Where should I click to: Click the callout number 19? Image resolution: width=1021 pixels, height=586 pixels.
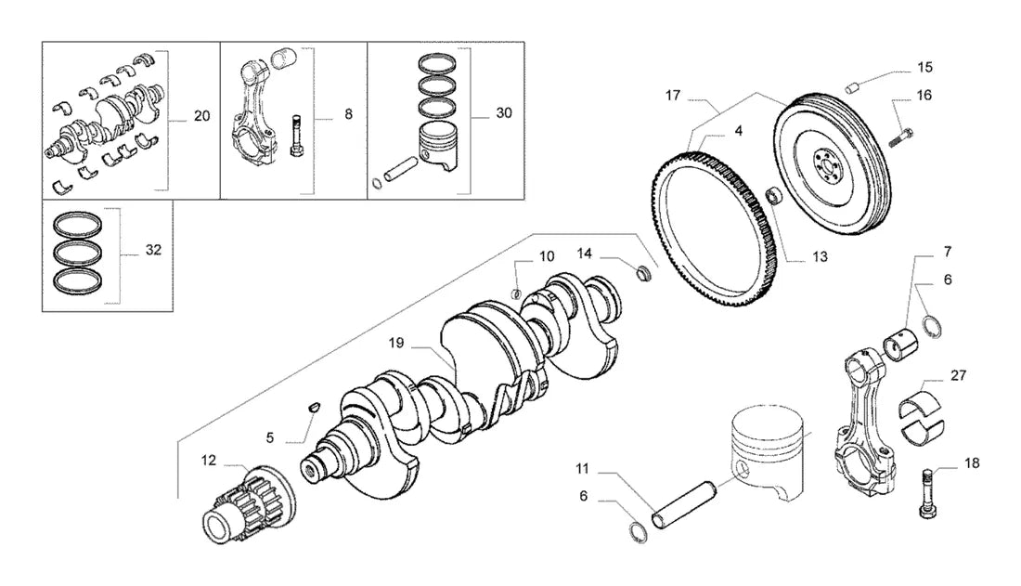(x=396, y=343)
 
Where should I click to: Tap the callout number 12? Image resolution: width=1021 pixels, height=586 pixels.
(x=208, y=461)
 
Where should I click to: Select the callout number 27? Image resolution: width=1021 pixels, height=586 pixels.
(x=958, y=375)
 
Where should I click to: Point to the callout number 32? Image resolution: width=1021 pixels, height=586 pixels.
(x=153, y=250)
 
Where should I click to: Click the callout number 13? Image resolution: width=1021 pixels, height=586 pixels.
(x=820, y=257)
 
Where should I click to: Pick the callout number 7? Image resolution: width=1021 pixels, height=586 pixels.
(x=948, y=252)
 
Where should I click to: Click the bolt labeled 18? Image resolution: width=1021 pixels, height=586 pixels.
(x=928, y=494)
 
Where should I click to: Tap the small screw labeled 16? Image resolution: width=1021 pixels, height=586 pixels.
(x=900, y=137)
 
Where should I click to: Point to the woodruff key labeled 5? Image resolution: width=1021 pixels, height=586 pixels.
(x=313, y=407)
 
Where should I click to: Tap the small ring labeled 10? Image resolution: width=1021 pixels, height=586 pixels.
(x=515, y=293)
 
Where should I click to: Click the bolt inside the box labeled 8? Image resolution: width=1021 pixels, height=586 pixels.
(x=295, y=135)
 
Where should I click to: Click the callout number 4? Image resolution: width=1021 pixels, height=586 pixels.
(x=739, y=131)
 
